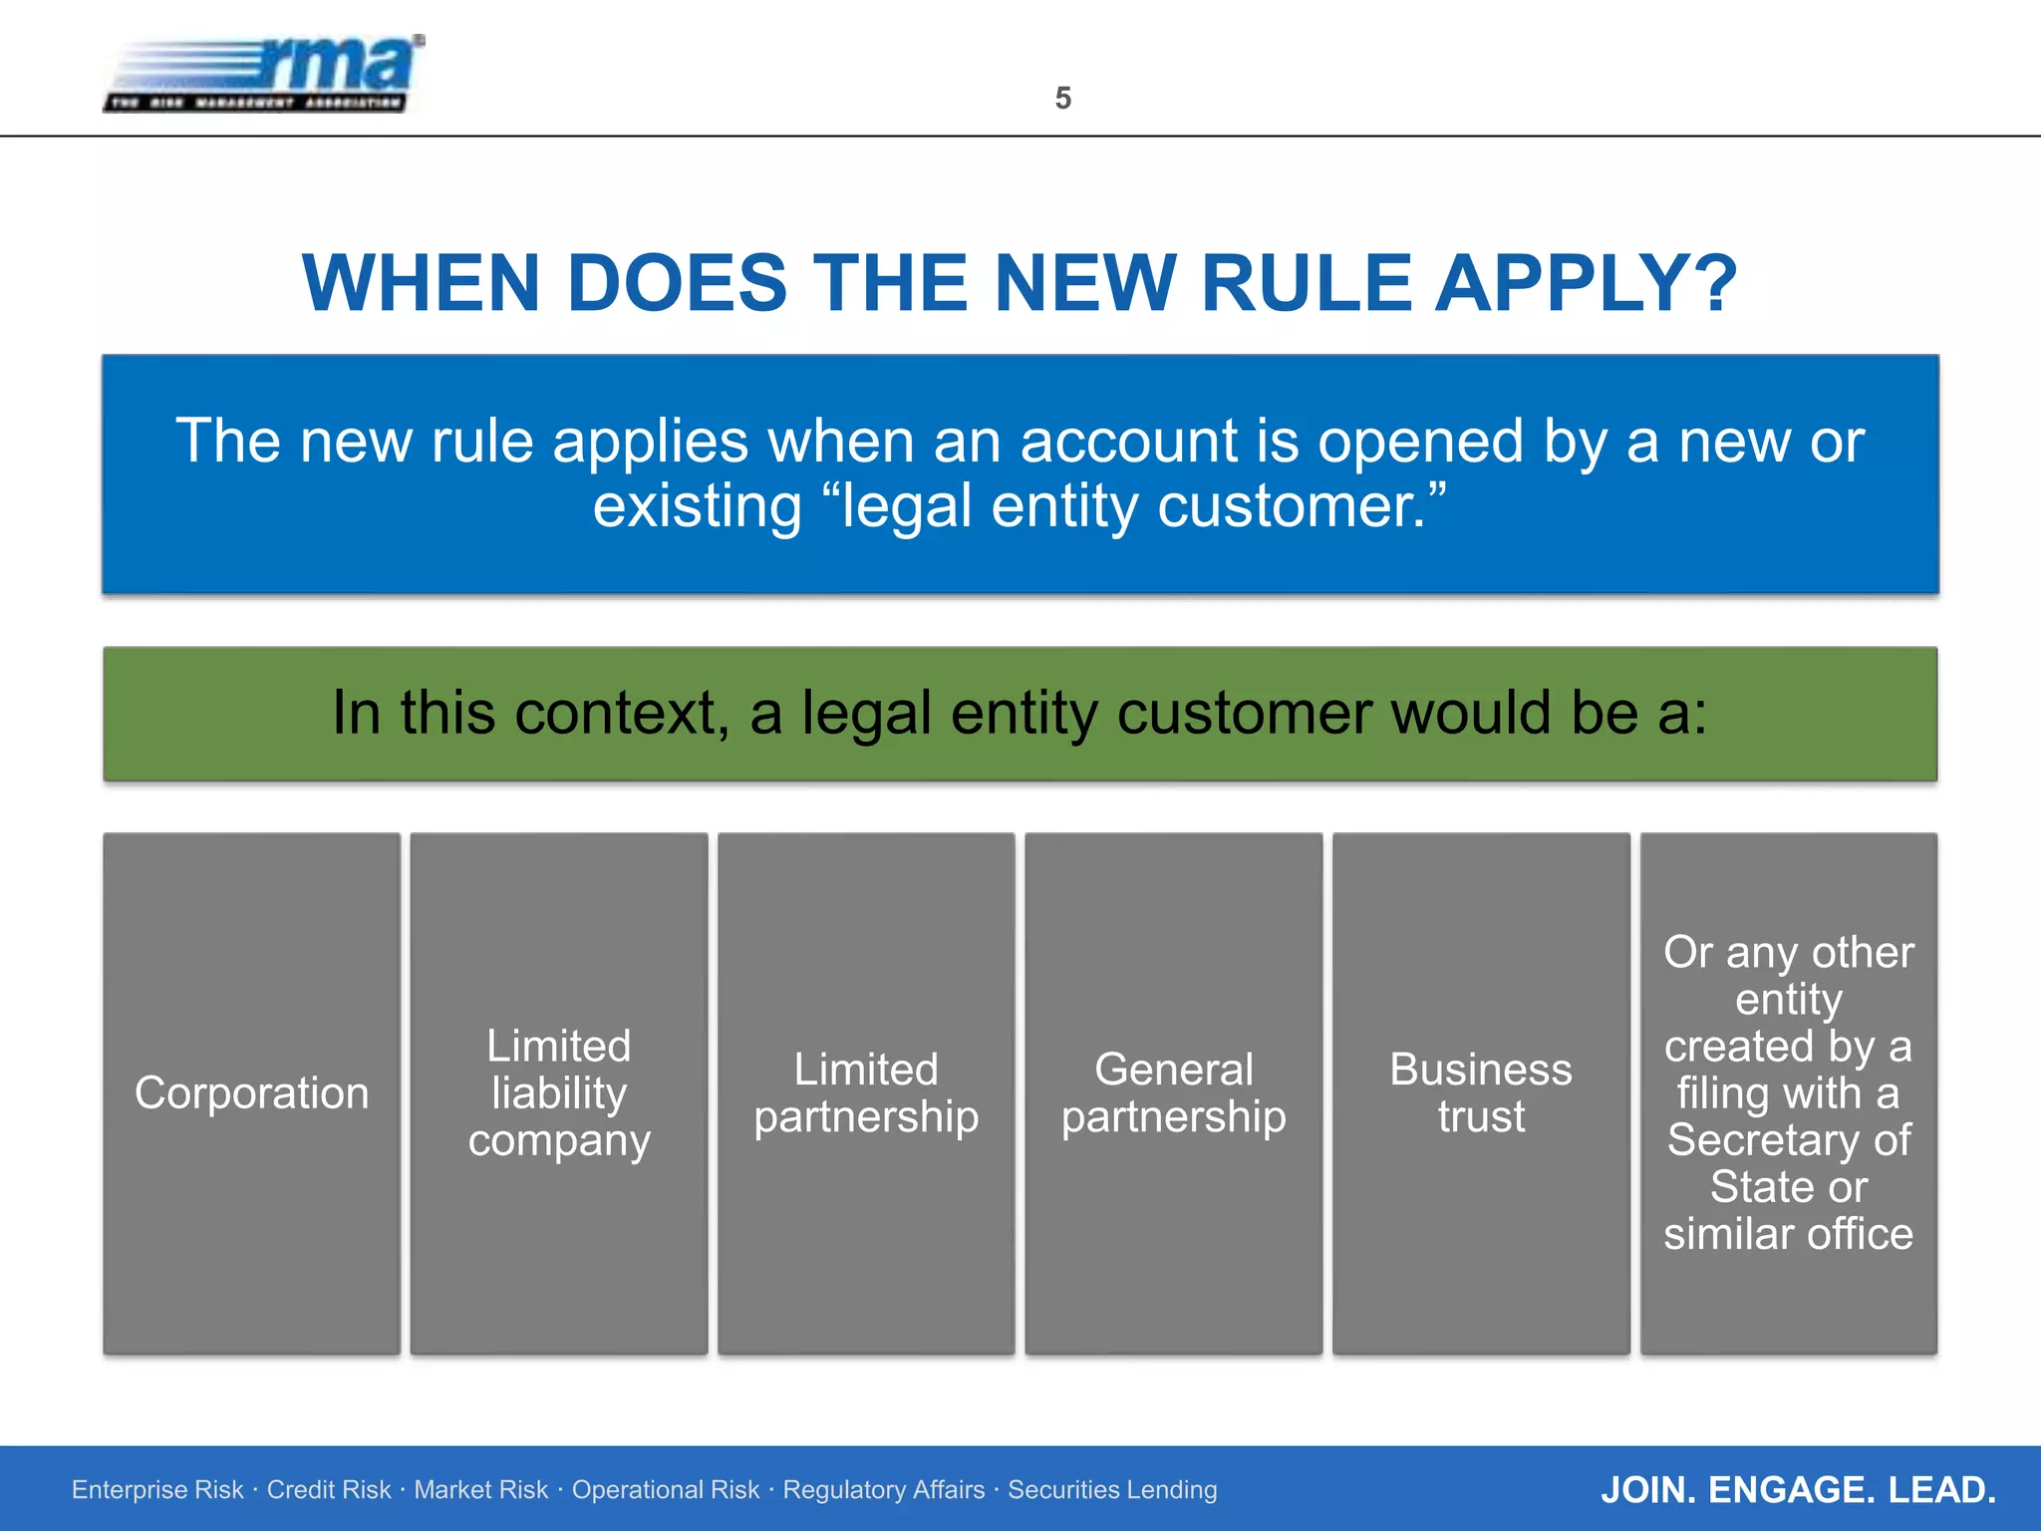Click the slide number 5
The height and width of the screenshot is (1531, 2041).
1062,98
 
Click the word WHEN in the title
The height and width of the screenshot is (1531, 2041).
421,283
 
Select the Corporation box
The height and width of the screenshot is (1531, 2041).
251,1093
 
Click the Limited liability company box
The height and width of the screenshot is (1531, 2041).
559,1093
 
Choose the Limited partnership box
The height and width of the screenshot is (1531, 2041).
866,1093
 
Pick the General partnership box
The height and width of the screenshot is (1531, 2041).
1173,1093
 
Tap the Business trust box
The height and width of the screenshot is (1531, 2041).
1481,1093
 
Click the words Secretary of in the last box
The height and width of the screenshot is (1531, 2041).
1788,1140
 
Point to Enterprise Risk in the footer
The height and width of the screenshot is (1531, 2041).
157,1489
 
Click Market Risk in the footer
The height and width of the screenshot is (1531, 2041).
480,1489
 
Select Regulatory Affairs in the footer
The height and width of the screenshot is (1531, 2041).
883,1489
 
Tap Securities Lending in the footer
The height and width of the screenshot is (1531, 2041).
1112,1489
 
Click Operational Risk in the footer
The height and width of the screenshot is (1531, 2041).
665,1489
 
